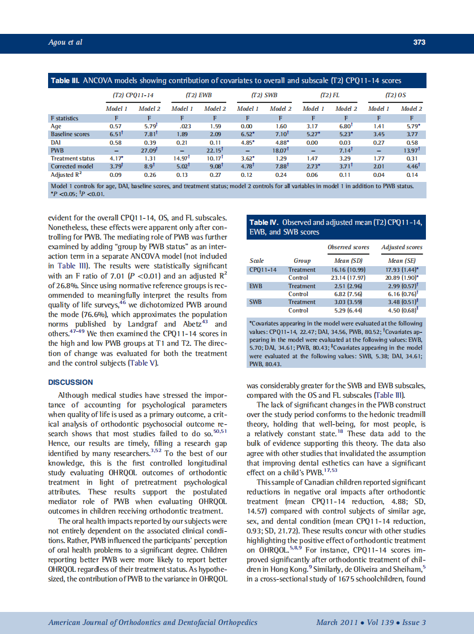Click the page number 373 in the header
[x=419, y=42]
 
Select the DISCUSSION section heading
[x=71, y=383]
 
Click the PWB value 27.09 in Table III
[x=149, y=150]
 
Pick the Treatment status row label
[x=72, y=158]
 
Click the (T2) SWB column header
[x=264, y=95]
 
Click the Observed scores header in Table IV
[x=348, y=247]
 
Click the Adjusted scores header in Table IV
[x=402, y=247]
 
